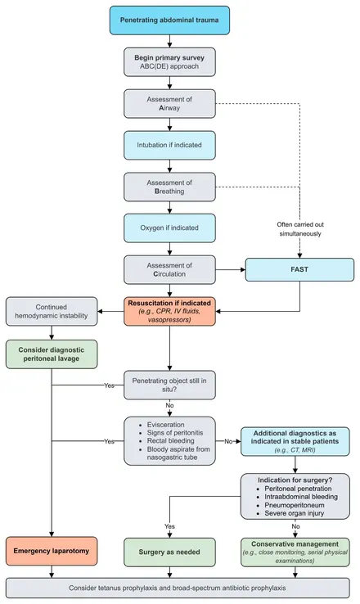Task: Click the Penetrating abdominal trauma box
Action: tap(169, 20)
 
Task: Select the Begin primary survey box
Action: tap(169, 62)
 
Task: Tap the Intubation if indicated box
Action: tap(169, 145)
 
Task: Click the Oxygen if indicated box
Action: tap(169, 228)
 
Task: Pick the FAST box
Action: tap(299, 269)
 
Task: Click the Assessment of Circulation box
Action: tap(169, 269)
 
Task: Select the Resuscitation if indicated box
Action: tap(169, 311)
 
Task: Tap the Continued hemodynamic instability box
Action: tap(52, 311)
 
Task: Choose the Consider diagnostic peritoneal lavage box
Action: tap(52, 354)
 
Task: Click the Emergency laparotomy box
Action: tap(52, 551)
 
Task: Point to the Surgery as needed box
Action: tap(169, 552)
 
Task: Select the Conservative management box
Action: tap(295, 552)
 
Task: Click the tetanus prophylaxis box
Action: tap(178, 588)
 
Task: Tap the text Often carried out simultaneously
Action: tap(300, 229)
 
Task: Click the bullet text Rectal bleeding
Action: tap(170, 440)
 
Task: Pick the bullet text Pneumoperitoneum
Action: tap(295, 505)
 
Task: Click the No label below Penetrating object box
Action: tap(169, 405)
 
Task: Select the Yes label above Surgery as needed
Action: tap(169, 526)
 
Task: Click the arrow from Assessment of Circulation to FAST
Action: tap(231, 269)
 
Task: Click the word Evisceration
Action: tap(165, 425)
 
